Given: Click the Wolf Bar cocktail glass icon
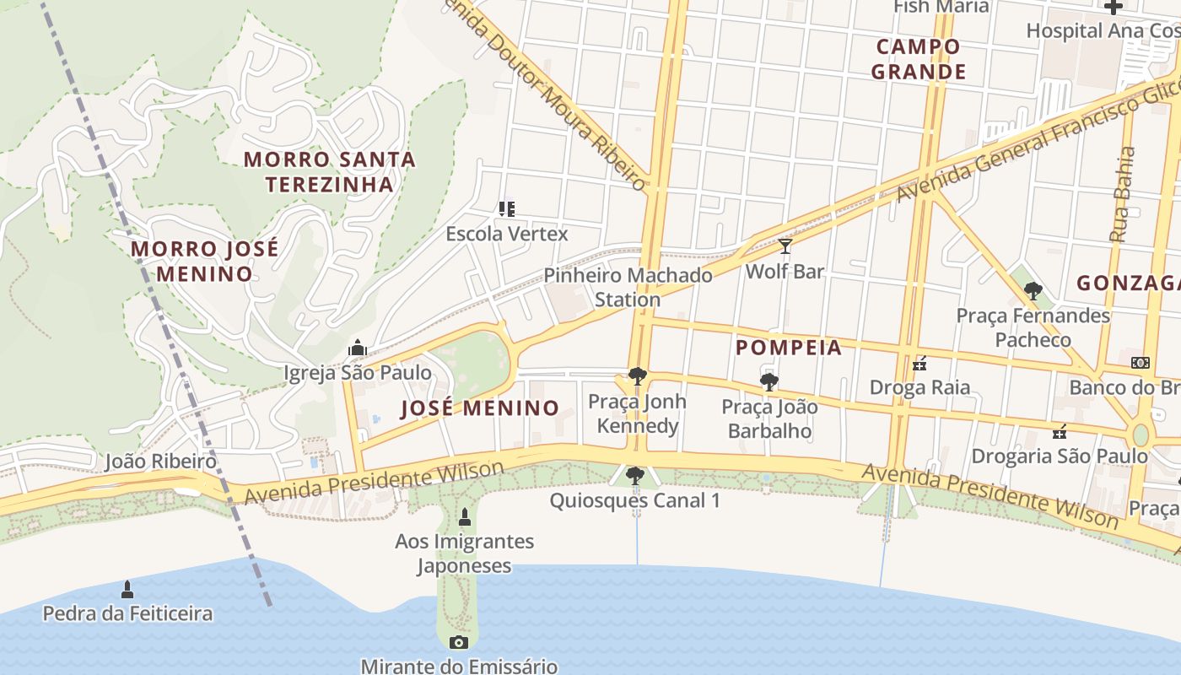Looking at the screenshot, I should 785,246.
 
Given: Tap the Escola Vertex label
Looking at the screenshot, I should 507,234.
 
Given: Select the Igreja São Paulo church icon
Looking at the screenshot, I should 358,348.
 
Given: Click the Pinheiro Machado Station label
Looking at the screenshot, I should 628,287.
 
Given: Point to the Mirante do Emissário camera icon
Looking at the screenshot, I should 459,642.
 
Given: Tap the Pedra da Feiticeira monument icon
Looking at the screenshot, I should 127,588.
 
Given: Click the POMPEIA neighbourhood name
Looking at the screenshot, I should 789,348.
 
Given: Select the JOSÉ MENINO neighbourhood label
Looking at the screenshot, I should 479,408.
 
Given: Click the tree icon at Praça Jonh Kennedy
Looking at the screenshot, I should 638,376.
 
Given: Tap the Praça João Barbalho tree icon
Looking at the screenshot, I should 769,382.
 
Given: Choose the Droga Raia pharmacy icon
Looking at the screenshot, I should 919,364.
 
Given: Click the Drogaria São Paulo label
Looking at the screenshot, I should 1060,456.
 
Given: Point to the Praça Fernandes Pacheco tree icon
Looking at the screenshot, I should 1033,292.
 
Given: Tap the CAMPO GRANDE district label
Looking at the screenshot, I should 918,59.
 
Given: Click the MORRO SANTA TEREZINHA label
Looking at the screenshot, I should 330,171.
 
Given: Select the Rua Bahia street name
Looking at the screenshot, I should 1123,195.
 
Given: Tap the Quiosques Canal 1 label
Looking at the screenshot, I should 635,501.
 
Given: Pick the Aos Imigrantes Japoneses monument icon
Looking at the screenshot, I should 464,517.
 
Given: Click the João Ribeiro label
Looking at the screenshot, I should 160,462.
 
